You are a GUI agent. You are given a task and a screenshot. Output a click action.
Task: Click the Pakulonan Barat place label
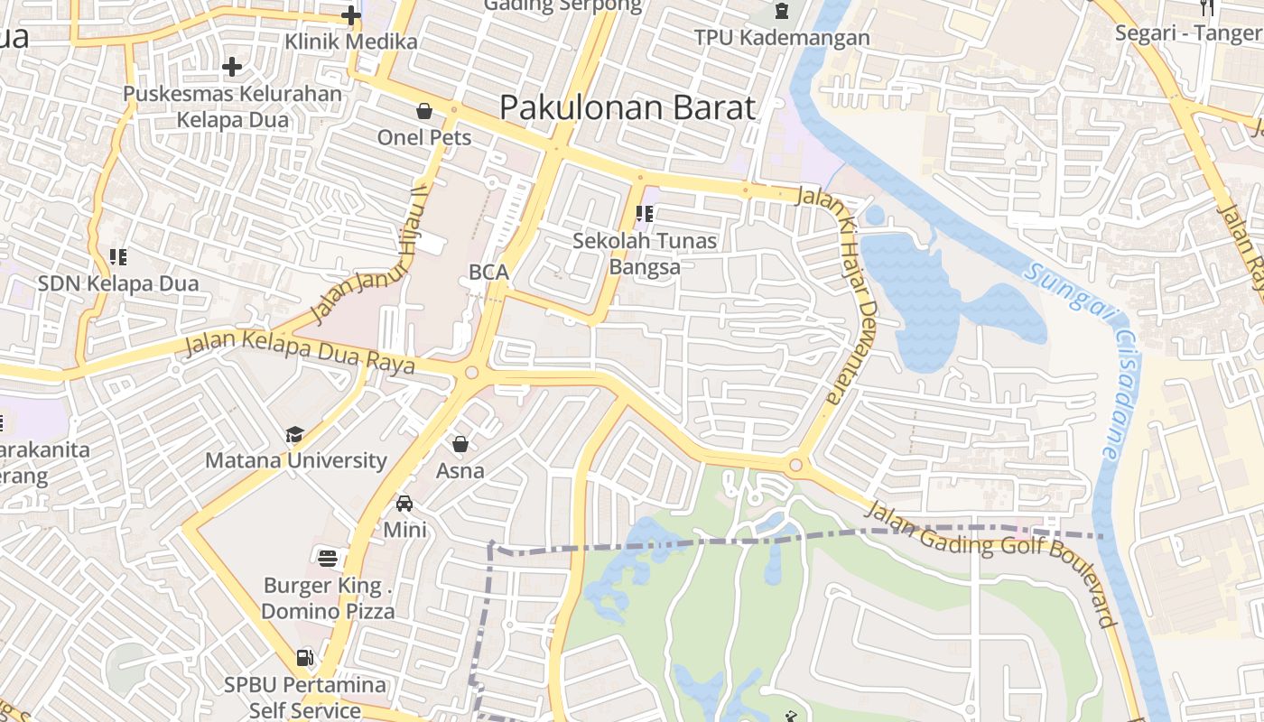click(x=627, y=107)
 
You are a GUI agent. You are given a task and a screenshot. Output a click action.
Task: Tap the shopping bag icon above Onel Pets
click(x=423, y=111)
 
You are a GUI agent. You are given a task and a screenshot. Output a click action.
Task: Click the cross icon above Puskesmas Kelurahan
click(x=232, y=67)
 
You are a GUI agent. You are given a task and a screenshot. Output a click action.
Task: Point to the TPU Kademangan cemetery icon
click(x=781, y=12)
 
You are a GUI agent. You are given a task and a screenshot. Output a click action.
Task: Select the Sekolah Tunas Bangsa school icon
click(x=645, y=214)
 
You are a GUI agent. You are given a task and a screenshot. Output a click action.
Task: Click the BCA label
click(x=488, y=272)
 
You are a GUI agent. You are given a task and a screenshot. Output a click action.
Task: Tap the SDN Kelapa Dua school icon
click(x=117, y=257)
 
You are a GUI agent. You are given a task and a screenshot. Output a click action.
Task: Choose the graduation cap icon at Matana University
click(x=294, y=435)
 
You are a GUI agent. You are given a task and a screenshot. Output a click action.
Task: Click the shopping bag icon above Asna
click(x=460, y=444)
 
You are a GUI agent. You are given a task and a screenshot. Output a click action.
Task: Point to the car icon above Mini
click(x=404, y=504)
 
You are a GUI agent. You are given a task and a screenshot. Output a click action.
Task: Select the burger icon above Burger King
click(x=327, y=556)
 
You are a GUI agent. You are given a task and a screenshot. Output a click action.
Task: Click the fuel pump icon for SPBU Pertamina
click(x=305, y=657)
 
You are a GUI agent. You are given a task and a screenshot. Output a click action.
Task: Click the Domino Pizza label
click(x=328, y=611)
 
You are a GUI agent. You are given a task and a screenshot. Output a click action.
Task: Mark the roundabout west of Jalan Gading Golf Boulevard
click(x=795, y=466)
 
